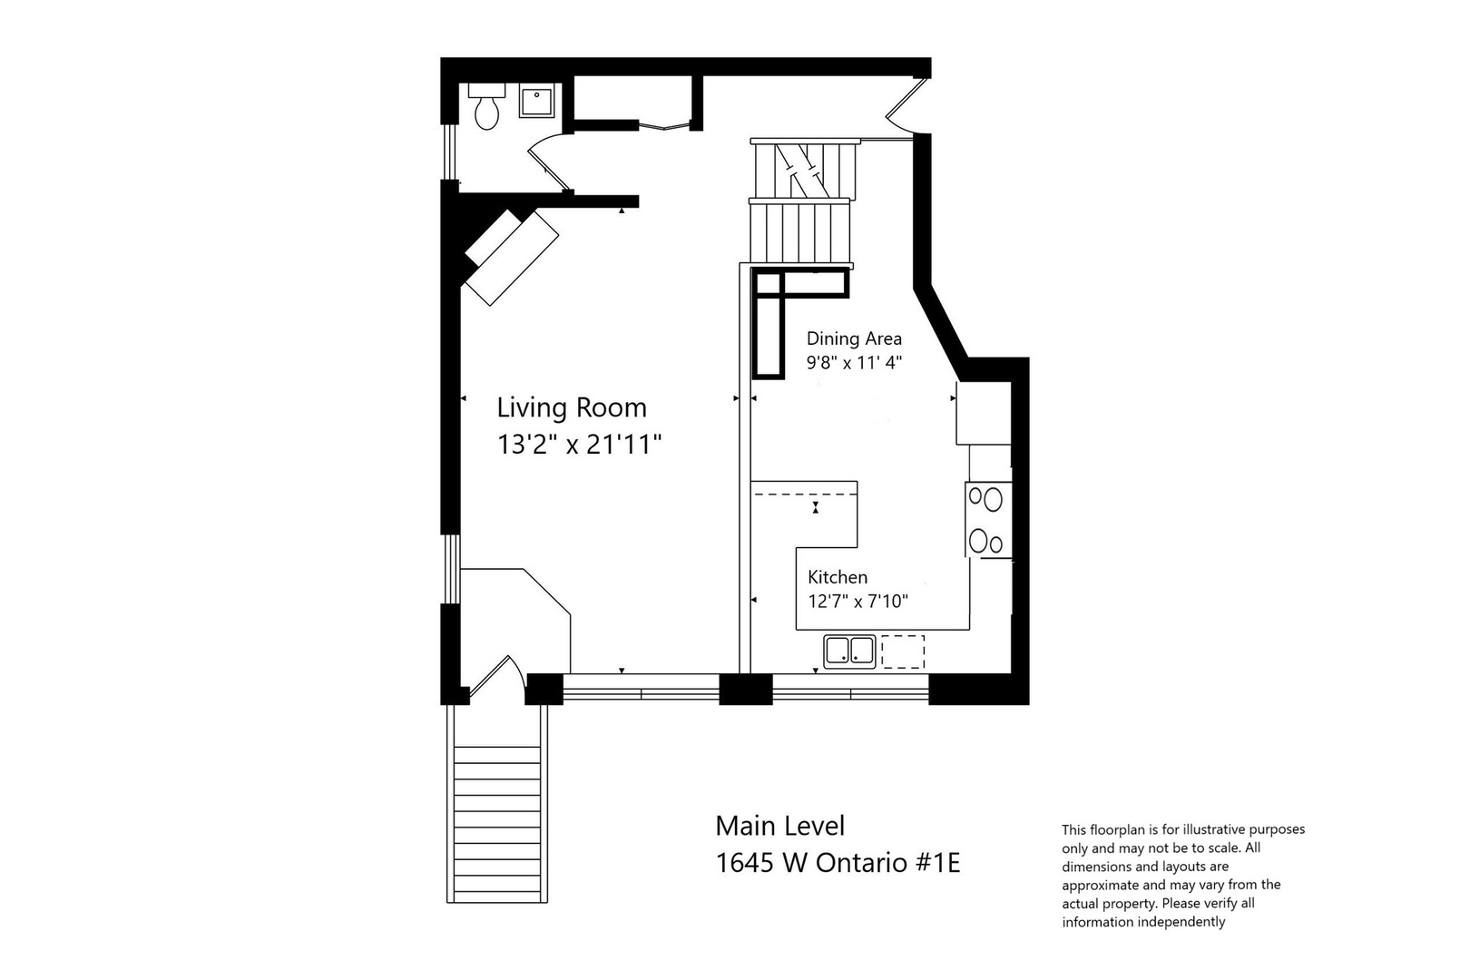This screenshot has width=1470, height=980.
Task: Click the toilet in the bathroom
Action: click(486, 107)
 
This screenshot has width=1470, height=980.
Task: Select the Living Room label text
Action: click(572, 407)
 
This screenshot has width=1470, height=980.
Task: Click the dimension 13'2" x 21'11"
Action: click(579, 445)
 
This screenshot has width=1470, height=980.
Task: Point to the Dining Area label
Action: click(854, 338)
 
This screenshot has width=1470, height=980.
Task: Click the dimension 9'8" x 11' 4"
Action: click(854, 363)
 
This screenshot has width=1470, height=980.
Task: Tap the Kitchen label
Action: click(838, 577)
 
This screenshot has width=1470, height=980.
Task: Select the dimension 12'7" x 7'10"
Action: click(857, 601)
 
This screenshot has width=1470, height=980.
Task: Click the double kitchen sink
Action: click(849, 651)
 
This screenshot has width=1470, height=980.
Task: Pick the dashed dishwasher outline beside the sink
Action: click(903, 652)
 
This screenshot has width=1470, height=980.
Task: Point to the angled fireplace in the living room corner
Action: click(511, 257)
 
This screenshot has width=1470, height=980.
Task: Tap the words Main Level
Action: click(779, 826)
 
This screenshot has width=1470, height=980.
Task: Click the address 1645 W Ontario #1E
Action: click(838, 862)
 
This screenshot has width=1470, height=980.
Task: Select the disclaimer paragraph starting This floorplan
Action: click(1183, 875)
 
